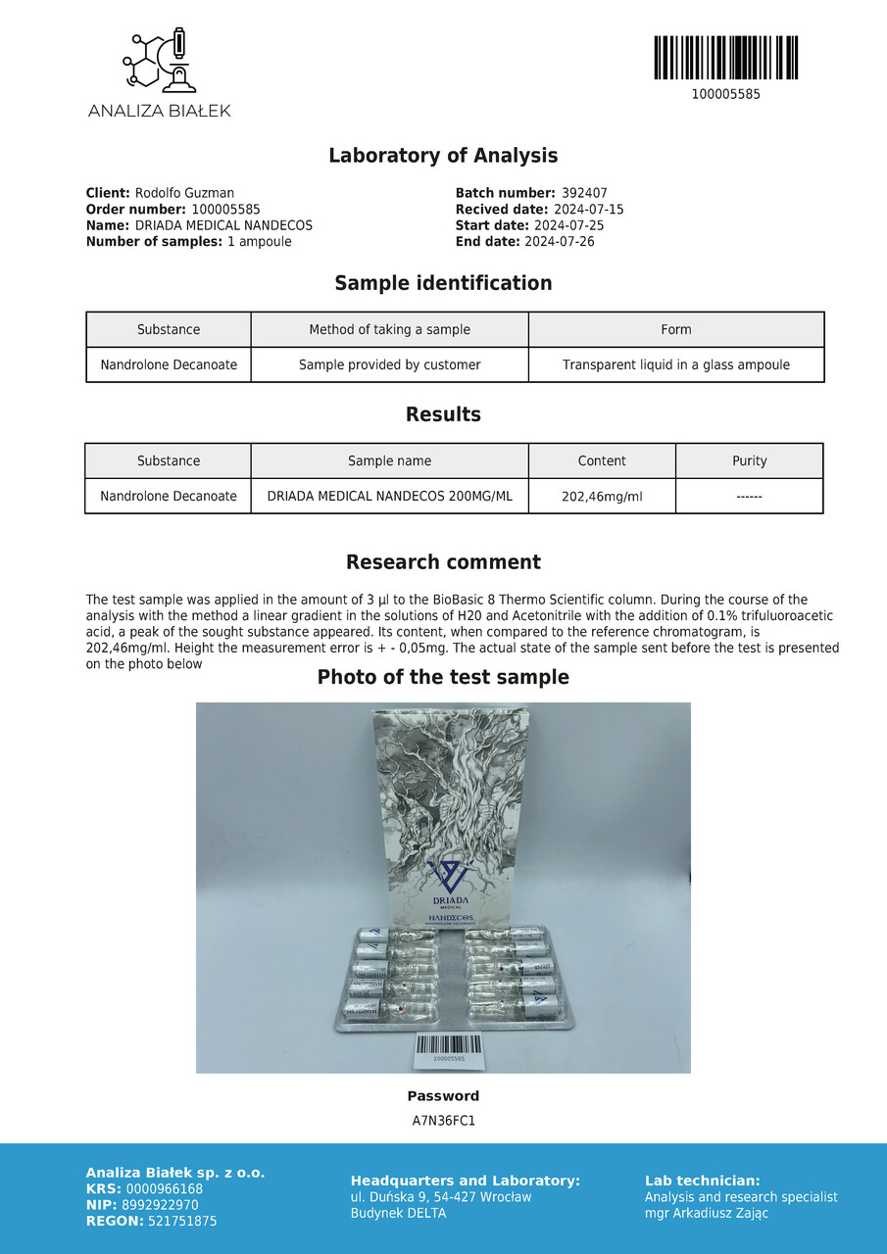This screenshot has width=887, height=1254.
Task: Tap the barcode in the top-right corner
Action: (x=725, y=58)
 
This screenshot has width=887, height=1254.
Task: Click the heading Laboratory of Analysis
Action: (x=443, y=156)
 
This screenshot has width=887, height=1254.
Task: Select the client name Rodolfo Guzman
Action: (x=184, y=193)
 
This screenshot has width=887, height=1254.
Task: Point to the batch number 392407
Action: (x=584, y=193)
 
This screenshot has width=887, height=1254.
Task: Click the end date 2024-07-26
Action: (x=560, y=241)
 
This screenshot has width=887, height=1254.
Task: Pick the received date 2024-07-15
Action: (x=589, y=210)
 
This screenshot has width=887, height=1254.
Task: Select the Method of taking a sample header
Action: (x=390, y=329)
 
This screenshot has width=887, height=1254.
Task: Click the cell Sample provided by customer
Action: (x=390, y=364)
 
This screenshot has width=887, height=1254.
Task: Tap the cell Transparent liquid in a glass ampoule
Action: (x=676, y=364)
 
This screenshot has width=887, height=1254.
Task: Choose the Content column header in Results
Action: (x=602, y=460)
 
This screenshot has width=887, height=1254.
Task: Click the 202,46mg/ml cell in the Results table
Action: (x=602, y=497)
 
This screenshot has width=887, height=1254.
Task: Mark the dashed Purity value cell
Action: (x=749, y=497)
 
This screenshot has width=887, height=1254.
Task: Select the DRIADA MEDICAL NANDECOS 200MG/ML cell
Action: (x=390, y=496)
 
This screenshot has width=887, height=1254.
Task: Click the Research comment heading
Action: (x=443, y=562)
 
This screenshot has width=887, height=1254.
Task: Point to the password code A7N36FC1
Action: (x=443, y=1120)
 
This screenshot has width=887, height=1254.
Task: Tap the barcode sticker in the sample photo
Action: (x=448, y=1049)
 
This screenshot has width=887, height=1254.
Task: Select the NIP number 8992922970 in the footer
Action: (x=160, y=1205)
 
